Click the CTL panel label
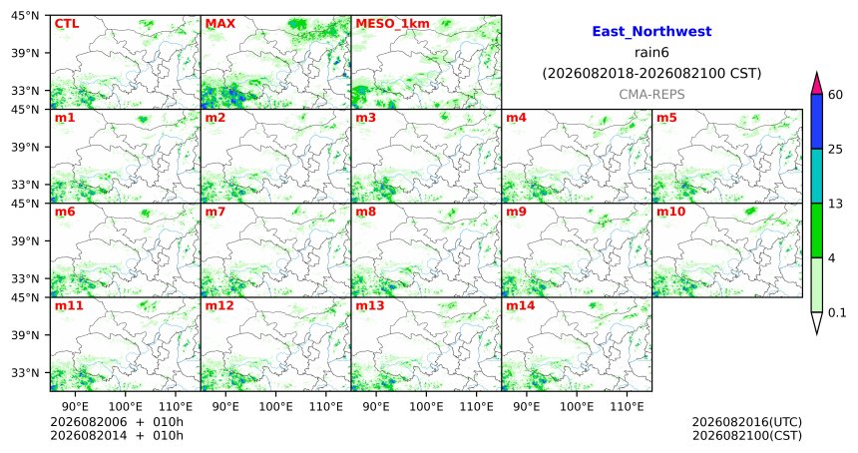click(66, 24)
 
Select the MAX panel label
click(219, 24)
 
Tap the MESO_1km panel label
click(392, 24)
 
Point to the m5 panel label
click(666, 118)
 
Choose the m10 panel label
click(670, 212)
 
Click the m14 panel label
click(520, 306)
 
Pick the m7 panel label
click(215, 212)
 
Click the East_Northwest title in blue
click(651, 31)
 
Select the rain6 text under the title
click(651, 53)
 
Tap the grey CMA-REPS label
click(651, 95)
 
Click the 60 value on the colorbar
click(835, 95)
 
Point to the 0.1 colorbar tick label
click(837, 312)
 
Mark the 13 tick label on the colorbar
click(835, 204)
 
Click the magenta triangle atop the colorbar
click(816, 83)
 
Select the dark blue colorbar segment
click(816, 122)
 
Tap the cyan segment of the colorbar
click(816, 177)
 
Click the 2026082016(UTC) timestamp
click(747, 422)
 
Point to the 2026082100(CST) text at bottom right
click(747, 435)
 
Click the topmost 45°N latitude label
click(25, 16)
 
